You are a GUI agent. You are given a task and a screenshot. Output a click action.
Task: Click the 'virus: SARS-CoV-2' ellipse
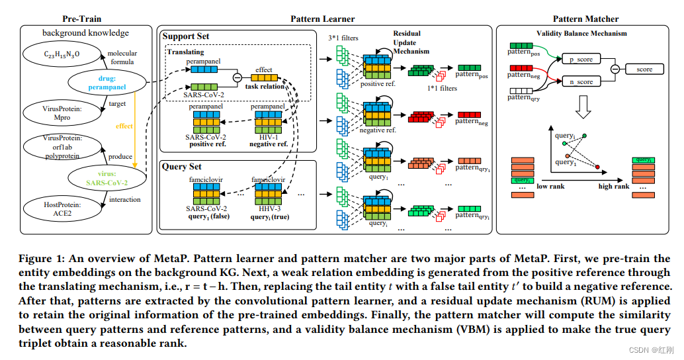(x=107, y=178)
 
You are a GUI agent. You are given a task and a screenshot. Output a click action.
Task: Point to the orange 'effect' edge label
(x=124, y=126)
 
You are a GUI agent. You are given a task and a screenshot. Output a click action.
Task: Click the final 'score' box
(x=644, y=69)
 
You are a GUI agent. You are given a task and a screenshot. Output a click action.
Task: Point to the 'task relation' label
(x=265, y=86)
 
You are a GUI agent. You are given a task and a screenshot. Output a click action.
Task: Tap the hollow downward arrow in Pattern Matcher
(x=583, y=106)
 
